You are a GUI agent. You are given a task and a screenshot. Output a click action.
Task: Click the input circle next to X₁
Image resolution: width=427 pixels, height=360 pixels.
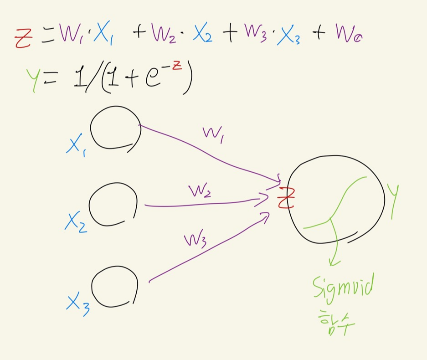pyautogui.click(x=116, y=128)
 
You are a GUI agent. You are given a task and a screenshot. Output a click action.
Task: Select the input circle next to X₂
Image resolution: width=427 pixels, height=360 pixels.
pyautogui.click(x=113, y=205)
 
